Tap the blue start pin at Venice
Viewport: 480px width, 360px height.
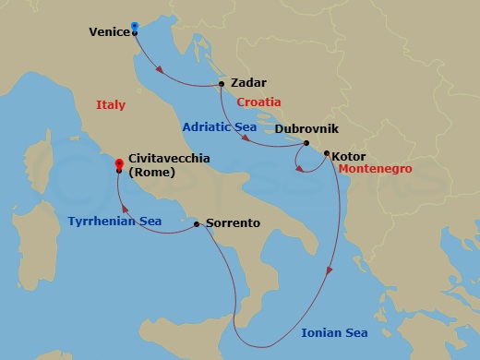(x=135, y=26)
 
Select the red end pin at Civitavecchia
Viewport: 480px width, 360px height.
(x=118, y=164)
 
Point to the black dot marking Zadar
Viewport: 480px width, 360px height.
(x=222, y=84)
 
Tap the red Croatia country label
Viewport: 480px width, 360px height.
(x=259, y=102)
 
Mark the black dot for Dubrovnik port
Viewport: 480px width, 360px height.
(x=306, y=143)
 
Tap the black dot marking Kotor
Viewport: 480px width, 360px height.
(x=327, y=154)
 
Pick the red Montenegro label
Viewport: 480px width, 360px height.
(x=373, y=170)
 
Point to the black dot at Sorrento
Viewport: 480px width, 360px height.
(x=197, y=223)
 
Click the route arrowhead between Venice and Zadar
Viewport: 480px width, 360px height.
(x=164, y=68)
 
